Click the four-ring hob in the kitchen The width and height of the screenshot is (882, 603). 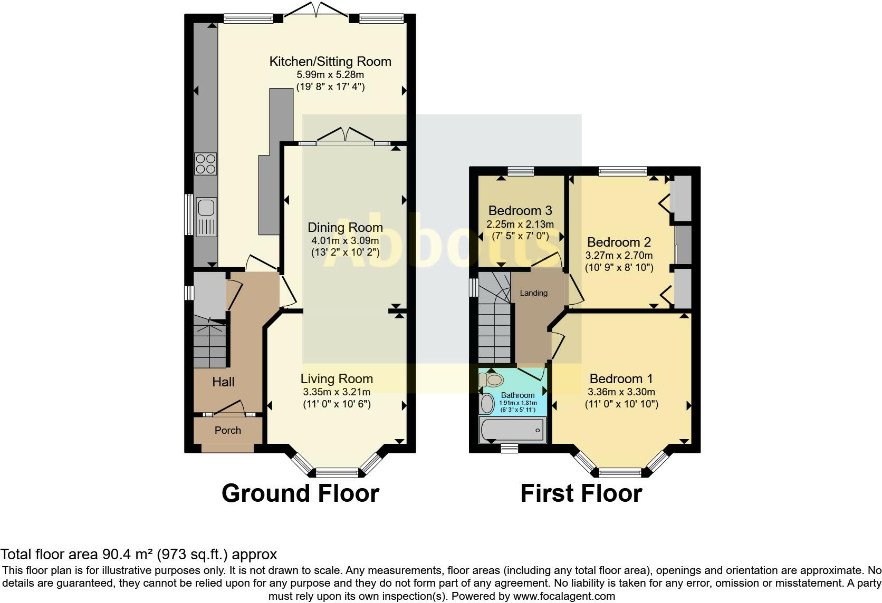[x=206, y=163]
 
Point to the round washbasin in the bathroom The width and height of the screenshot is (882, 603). [x=487, y=404]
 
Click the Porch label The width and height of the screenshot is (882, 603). [x=228, y=430]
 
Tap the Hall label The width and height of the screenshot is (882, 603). [x=223, y=382]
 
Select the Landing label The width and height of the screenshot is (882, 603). [x=534, y=293]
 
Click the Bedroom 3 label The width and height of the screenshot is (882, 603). [x=520, y=211]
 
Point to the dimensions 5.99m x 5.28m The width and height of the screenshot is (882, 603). [x=330, y=75]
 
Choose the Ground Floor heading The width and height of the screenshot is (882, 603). [x=300, y=493]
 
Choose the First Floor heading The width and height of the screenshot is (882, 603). [x=581, y=493]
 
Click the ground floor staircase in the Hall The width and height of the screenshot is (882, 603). [x=210, y=343]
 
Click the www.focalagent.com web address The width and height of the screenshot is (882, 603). [x=564, y=597]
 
